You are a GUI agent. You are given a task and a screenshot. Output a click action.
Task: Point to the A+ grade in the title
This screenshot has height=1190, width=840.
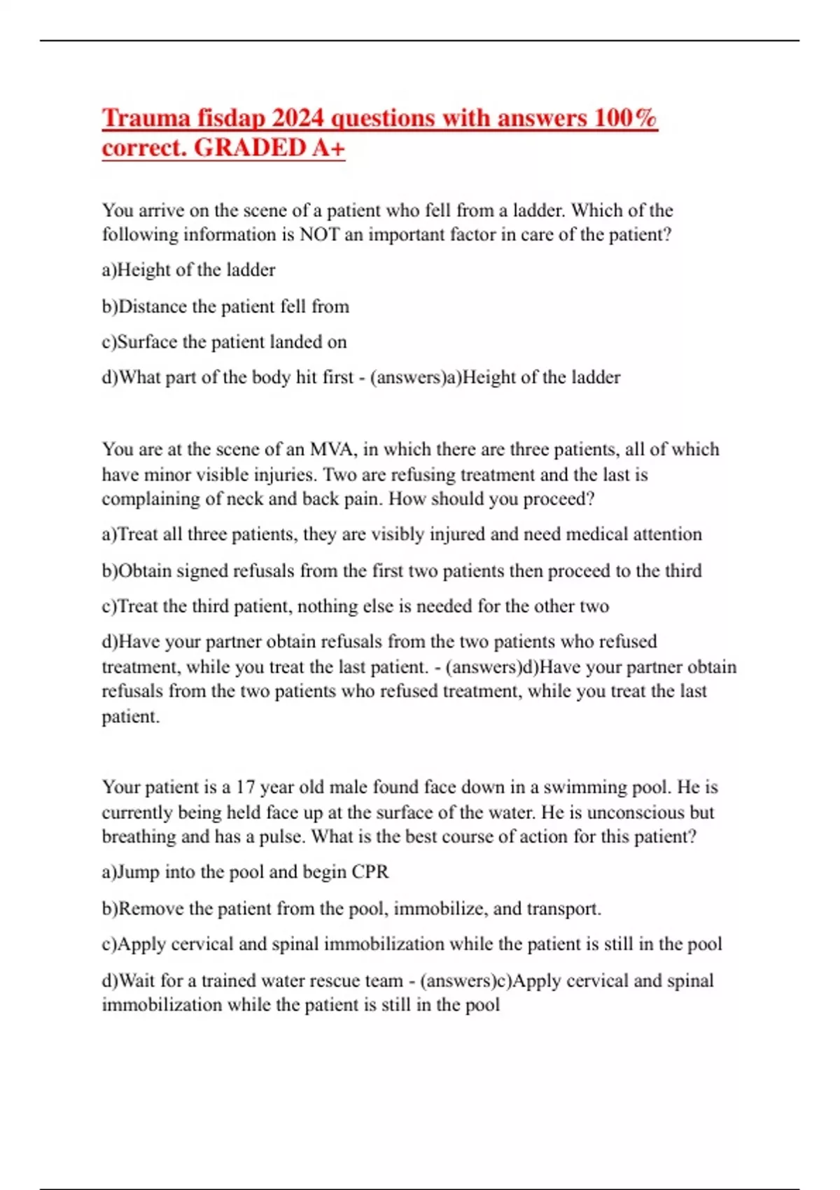(328, 148)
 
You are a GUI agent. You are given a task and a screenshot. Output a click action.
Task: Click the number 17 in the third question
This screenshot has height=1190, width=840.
(245, 787)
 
